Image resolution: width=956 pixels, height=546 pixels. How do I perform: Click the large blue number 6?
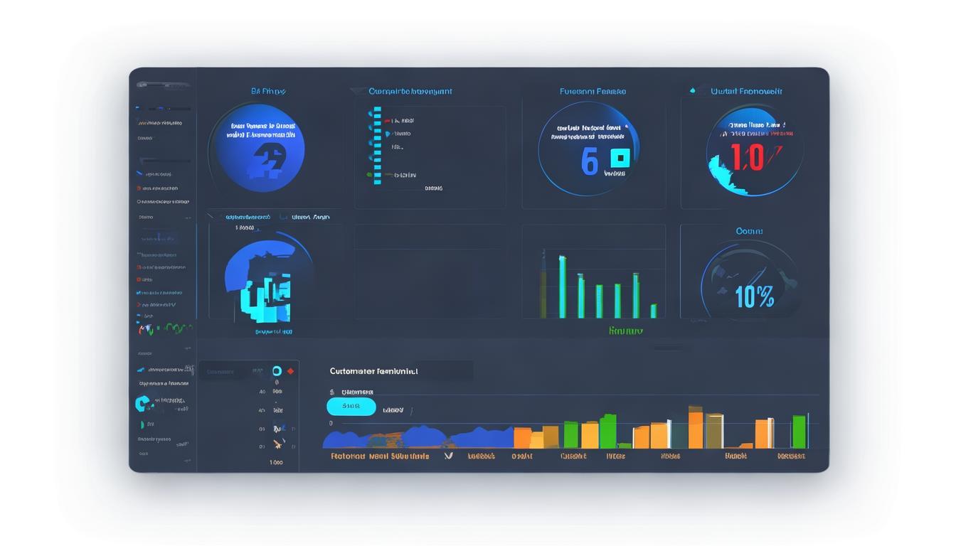click(x=589, y=161)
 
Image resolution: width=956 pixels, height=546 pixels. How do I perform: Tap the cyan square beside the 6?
click(x=620, y=158)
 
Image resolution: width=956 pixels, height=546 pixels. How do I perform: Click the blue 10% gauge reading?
click(x=755, y=296)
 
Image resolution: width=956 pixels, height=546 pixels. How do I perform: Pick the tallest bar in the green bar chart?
click(x=562, y=287)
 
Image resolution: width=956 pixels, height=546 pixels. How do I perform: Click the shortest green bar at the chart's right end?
click(x=653, y=311)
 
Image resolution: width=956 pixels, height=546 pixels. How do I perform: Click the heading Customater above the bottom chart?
click(x=373, y=371)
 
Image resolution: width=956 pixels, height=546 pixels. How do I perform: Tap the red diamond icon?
click(x=290, y=371)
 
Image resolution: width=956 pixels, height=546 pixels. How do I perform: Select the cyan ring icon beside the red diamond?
click(x=277, y=371)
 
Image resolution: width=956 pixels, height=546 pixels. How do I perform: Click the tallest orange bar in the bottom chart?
click(x=695, y=427)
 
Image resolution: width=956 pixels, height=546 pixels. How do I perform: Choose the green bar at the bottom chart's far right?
click(x=799, y=432)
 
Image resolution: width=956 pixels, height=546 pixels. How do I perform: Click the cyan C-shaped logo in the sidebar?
click(x=142, y=404)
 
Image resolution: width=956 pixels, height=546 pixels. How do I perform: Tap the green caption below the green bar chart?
click(x=626, y=331)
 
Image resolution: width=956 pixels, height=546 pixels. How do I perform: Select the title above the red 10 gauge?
click(x=746, y=91)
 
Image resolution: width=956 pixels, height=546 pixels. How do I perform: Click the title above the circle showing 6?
click(x=593, y=91)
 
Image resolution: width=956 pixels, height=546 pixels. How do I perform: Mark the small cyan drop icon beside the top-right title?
click(x=692, y=91)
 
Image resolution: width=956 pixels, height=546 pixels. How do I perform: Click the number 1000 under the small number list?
click(x=276, y=462)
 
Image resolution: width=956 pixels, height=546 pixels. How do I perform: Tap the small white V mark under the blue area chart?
click(x=448, y=456)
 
